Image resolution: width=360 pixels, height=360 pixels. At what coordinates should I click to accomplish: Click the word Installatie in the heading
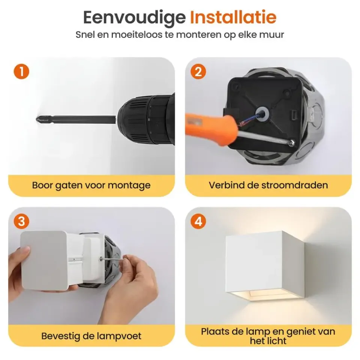pos(233,18)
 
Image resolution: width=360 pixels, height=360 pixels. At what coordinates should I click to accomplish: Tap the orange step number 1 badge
pos(21,72)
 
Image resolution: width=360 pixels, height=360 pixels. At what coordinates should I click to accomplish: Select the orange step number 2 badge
pos(198,72)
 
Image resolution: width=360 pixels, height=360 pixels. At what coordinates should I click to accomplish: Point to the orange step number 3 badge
pos(21,222)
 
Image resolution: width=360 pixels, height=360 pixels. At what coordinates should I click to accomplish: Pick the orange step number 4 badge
pos(198,222)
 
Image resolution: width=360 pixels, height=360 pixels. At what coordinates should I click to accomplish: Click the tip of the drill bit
pos(37,119)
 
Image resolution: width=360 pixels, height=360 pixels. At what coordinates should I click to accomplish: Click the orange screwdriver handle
pos(211,129)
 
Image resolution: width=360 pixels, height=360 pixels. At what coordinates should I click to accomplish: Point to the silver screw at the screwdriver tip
pos(292,142)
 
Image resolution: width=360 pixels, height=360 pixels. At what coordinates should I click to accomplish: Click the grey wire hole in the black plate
pos(262,114)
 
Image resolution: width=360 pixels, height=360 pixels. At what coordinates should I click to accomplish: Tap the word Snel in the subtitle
pos(85,34)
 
